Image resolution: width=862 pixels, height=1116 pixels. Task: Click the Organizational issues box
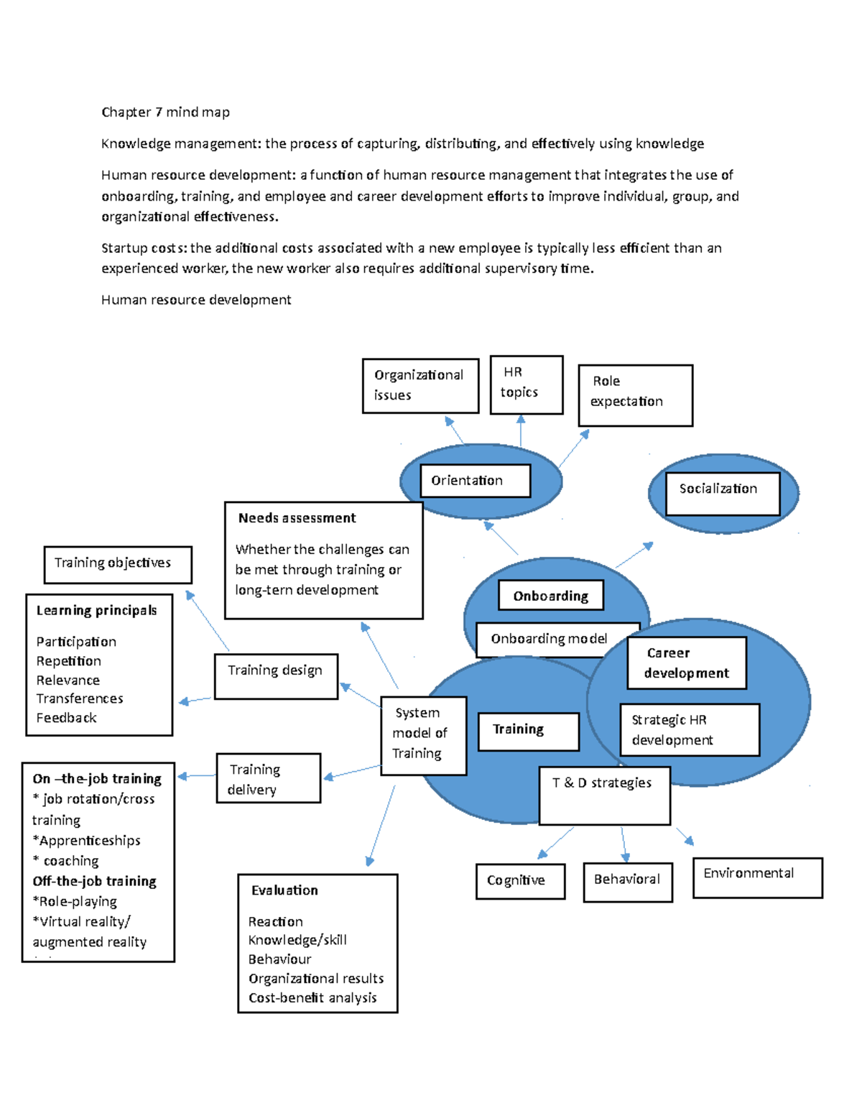pyautogui.click(x=420, y=386)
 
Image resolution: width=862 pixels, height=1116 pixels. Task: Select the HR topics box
pyautogui.click(x=526, y=384)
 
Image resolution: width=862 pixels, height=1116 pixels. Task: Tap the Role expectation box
pyautogui.click(x=635, y=395)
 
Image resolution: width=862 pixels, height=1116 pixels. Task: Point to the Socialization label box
pyautogui.click(x=722, y=493)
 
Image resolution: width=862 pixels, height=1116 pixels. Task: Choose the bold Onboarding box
pyautogui.click(x=550, y=596)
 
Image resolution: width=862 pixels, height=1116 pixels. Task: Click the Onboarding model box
pyautogui.click(x=550, y=639)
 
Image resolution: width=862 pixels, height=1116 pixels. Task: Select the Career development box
pyautogui.click(x=686, y=663)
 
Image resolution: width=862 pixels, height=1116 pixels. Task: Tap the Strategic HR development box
pyautogui.click(x=689, y=729)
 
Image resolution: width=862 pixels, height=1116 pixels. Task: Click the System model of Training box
pyautogui.click(x=423, y=735)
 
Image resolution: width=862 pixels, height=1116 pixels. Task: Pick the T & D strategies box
pyautogui.click(x=604, y=795)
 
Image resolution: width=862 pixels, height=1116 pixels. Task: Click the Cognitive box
pyautogui.click(x=519, y=881)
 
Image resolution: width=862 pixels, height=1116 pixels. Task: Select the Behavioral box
pyautogui.click(x=627, y=882)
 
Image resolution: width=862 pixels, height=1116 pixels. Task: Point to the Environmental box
pyautogui.click(x=756, y=877)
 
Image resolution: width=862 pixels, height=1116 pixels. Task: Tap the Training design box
pyautogui.click(x=276, y=675)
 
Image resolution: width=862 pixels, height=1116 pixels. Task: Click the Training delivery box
pyautogui.click(x=268, y=778)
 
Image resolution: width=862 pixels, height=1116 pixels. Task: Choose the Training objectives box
pyautogui.click(x=118, y=564)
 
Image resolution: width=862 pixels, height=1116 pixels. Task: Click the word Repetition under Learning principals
pyautogui.click(x=69, y=661)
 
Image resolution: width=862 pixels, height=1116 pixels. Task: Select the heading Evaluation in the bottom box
pyautogui.click(x=284, y=890)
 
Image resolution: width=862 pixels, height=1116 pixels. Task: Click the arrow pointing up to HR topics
pyautogui.click(x=521, y=430)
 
